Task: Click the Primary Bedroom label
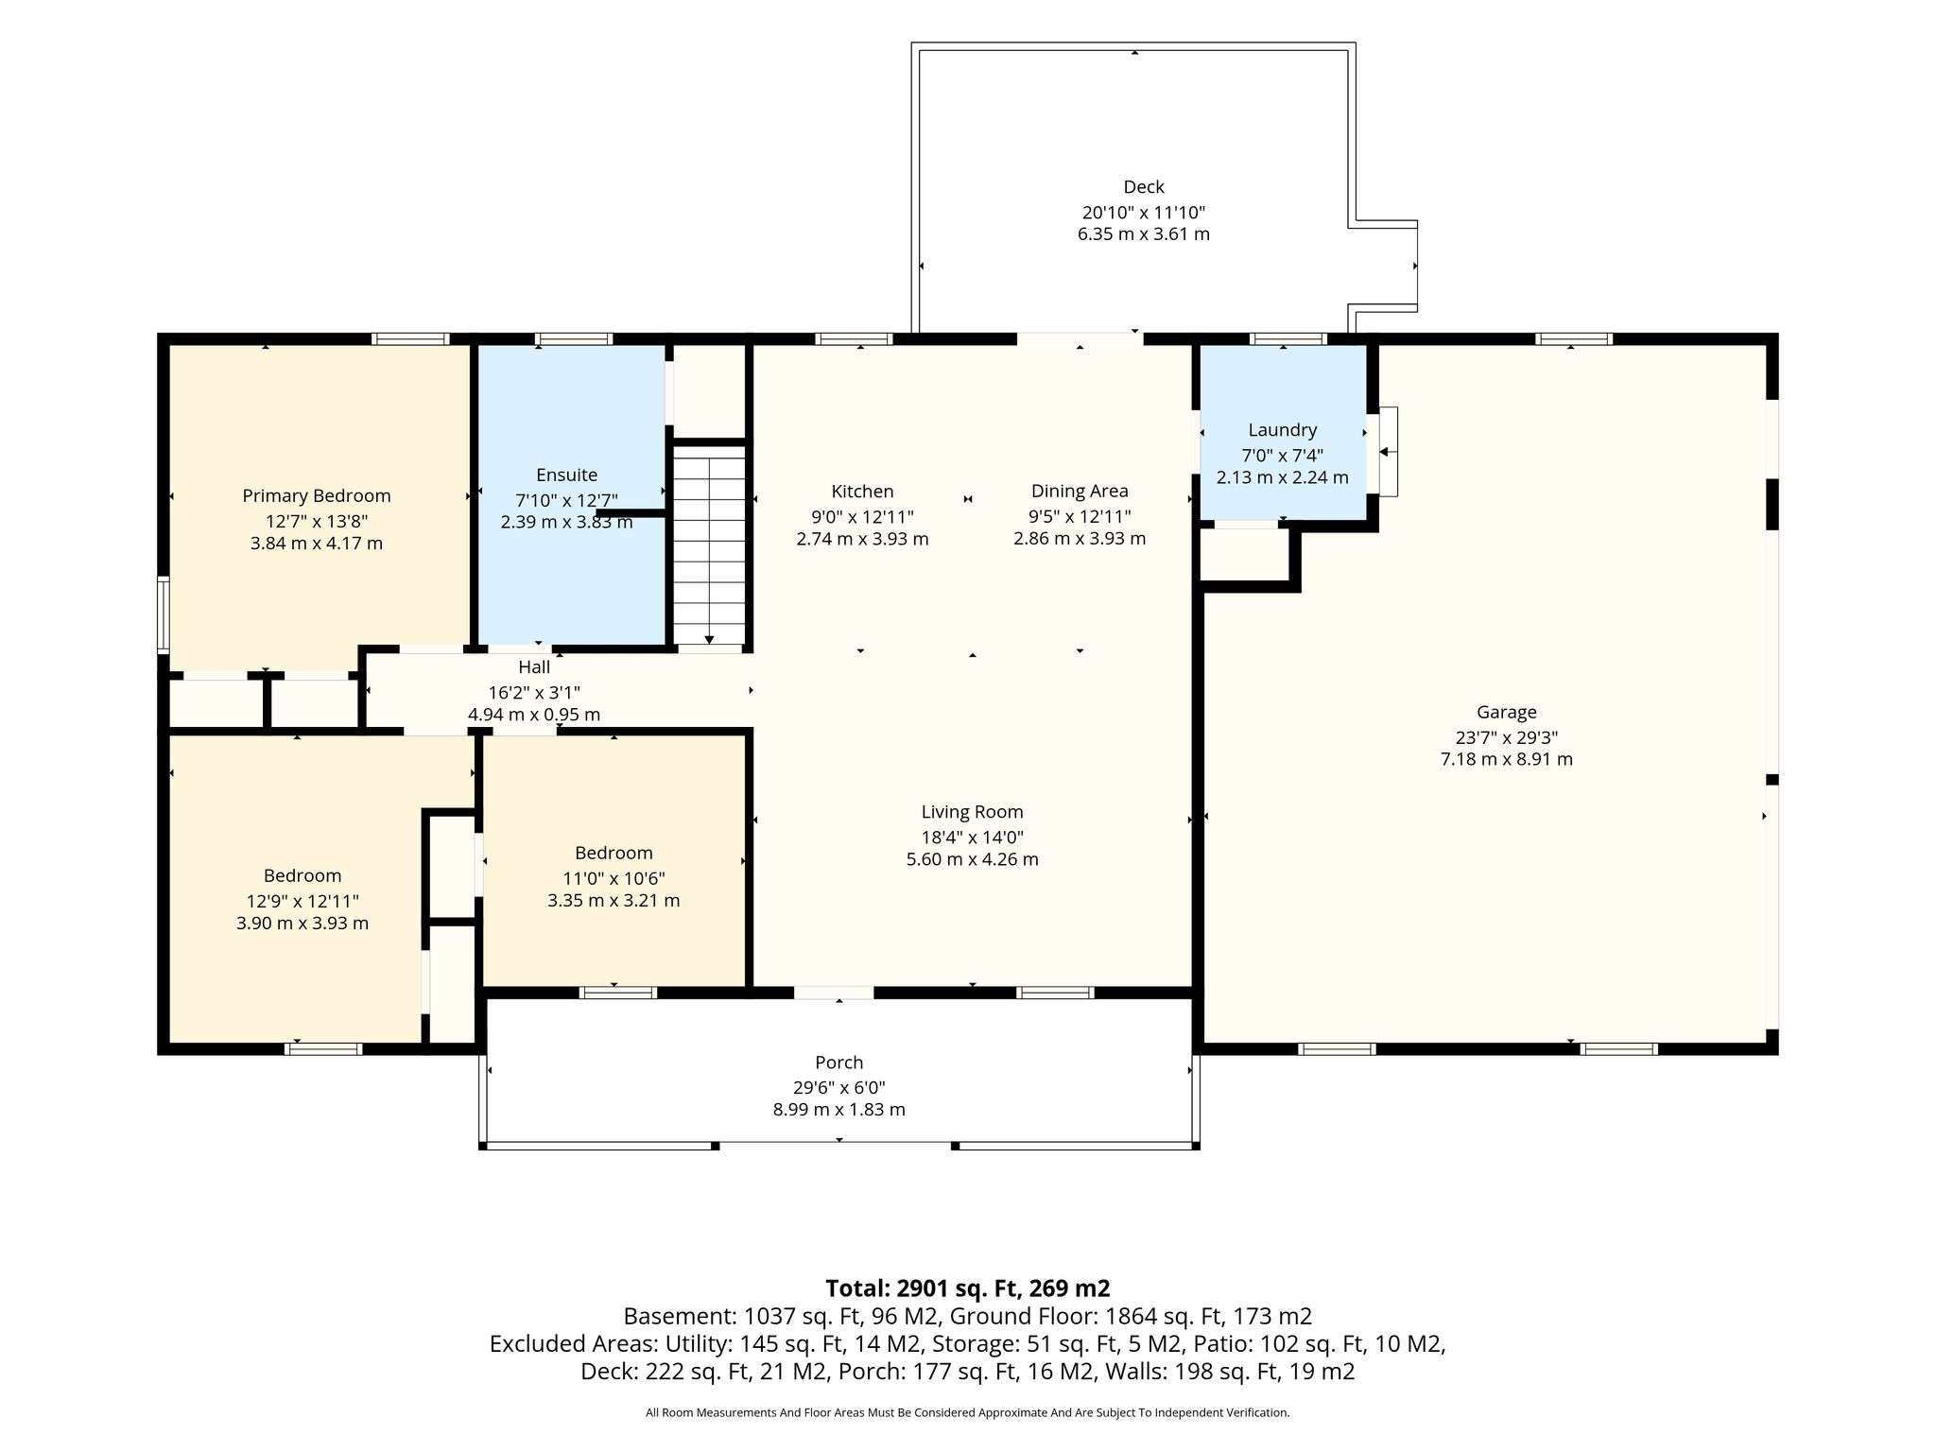click(317, 496)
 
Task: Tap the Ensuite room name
click(566, 475)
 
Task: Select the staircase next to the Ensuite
click(709, 547)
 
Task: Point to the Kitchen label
click(862, 492)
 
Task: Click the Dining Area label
click(1080, 492)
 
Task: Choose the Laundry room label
click(1282, 430)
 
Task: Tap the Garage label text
click(1507, 713)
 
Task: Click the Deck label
click(1144, 187)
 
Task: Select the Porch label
click(839, 1063)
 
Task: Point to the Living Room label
click(973, 812)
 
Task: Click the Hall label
click(534, 667)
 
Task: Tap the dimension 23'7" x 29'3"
click(1507, 737)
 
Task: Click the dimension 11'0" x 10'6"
click(614, 878)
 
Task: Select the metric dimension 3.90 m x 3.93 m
click(302, 924)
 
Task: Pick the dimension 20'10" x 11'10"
click(1144, 213)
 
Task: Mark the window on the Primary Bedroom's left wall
click(163, 614)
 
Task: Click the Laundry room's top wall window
click(1288, 338)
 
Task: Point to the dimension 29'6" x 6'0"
click(839, 1088)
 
